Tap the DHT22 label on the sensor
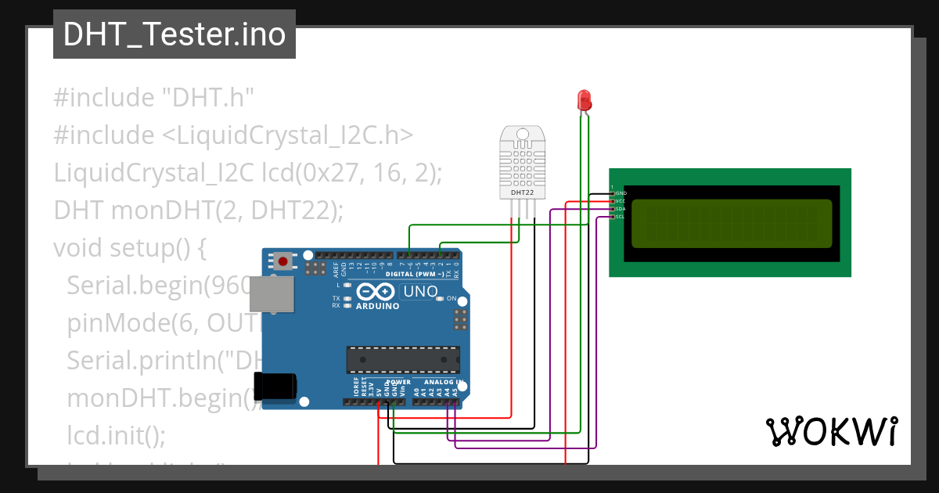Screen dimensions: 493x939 click(x=522, y=192)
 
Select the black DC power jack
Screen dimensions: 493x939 click(x=275, y=387)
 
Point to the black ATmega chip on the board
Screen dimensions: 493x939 click(x=404, y=358)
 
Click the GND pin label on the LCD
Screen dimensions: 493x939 click(x=621, y=193)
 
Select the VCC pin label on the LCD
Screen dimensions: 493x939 click(x=621, y=201)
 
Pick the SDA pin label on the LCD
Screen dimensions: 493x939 click(x=621, y=209)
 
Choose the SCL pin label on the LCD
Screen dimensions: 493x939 click(x=621, y=217)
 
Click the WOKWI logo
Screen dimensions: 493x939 click(x=831, y=431)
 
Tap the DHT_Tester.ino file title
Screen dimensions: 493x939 click(x=174, y=34)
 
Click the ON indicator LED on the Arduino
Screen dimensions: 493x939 click(x=440, y=298)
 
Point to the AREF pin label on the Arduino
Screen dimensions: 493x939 click(x=336, y=270)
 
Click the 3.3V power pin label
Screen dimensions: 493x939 click(x=372, y=390)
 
